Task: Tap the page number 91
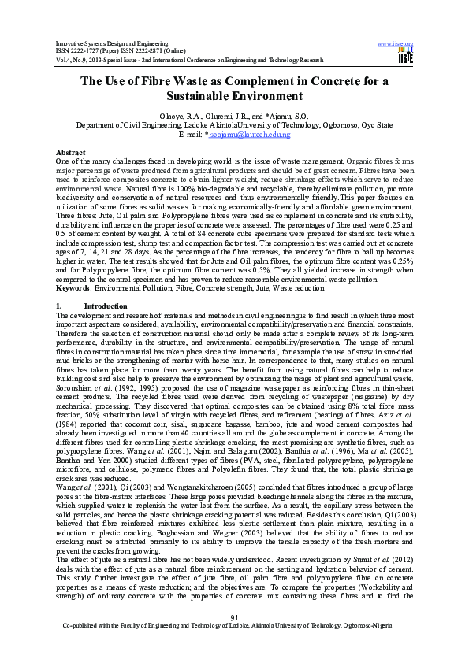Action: coord(234,639)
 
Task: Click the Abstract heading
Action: coord(70,150)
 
